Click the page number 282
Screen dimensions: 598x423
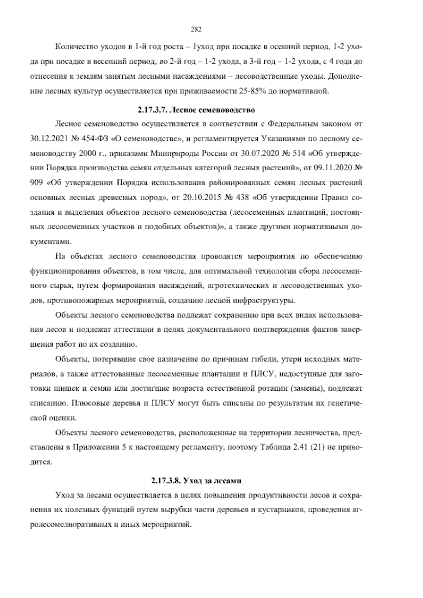196,30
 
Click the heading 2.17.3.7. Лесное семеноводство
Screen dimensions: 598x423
196,110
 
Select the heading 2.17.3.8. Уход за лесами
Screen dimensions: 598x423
196,481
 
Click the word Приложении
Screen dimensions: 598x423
96,447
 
